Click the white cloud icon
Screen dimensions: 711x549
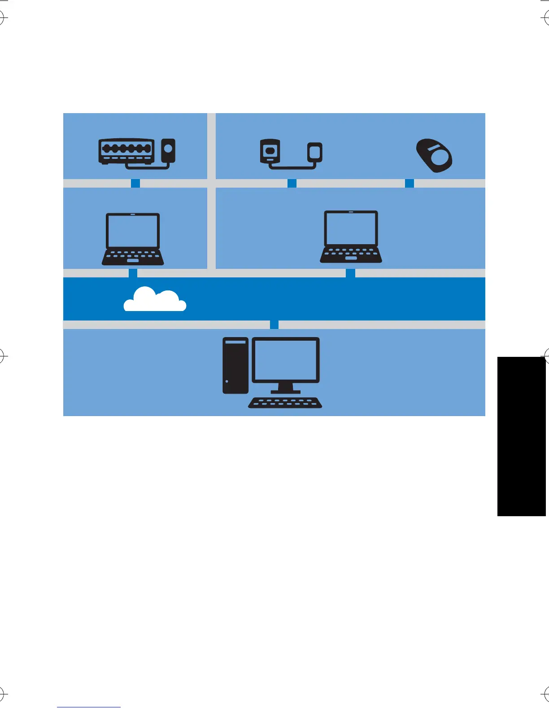[x=155, y=300]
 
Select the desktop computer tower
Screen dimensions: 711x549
[x=235, y=365]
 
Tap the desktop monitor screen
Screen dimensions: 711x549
[x=286, y=360]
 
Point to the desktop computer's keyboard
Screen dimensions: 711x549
[x=285, y=403]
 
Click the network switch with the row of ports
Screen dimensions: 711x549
[x=126, y=151]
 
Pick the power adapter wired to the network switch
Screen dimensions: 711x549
[x=168, y=150]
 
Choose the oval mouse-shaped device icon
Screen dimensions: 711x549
[x=434, y=155]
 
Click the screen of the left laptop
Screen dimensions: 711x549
[x=133, y=230]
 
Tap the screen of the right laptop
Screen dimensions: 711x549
[x=351, y=228]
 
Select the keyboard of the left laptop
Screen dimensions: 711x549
[x=133, y=257]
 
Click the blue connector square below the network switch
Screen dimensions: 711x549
[x=135, y=183]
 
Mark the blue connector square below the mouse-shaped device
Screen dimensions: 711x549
[x=410, y=183]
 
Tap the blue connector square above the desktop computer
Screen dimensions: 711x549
[x=274, y=325]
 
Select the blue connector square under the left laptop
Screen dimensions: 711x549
[x=133, y=273]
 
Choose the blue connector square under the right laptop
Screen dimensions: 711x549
[x=350, y=273]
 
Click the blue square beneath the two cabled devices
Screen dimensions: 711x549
[x=292, y=183]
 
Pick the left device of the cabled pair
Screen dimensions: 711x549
[x=270, y=151]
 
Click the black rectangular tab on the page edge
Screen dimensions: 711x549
[x=521, y=436]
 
